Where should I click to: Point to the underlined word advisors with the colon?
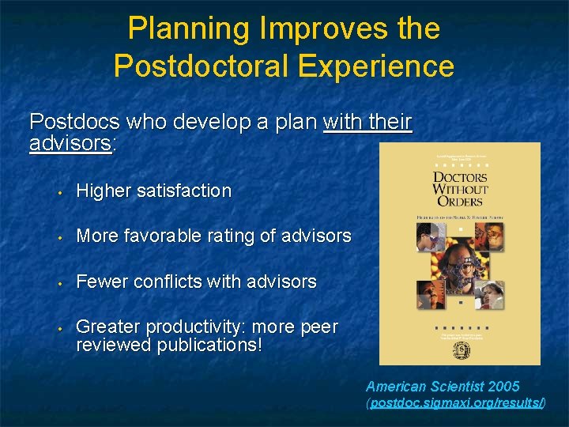pos(71,143)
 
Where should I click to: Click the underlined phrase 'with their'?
pos(367,123)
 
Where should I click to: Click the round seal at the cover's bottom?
pos(460,349)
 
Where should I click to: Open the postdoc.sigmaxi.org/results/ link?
pos(457,403)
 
